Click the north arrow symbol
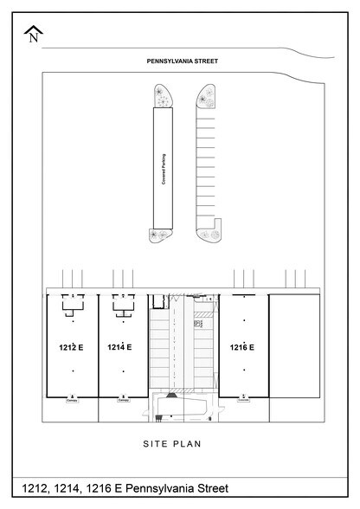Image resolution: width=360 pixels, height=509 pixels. pos(34,34)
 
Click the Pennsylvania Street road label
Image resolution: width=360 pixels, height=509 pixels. pos(181,61)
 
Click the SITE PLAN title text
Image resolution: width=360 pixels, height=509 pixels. pos(181,444)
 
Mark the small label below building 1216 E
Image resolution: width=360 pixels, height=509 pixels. pos(243,400)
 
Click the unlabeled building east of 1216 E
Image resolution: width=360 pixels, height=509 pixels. pos(294,346)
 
